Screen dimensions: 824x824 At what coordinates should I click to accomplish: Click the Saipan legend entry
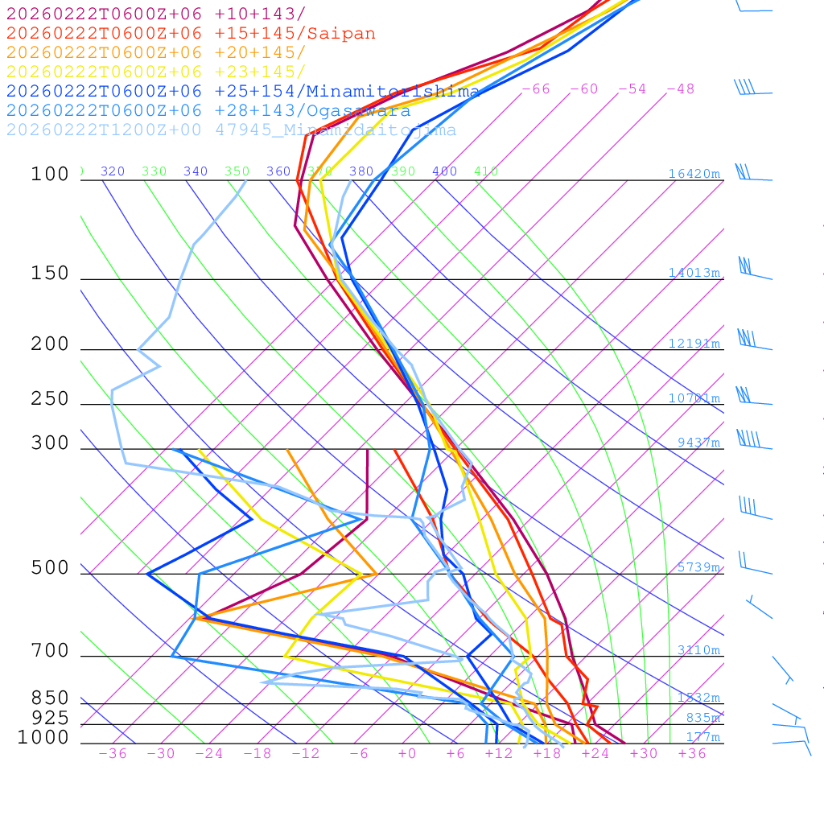tap(191, 34)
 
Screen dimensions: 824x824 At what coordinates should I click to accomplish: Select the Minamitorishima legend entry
tap(243, 91)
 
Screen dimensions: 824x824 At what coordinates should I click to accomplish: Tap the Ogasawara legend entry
tap(208, 110)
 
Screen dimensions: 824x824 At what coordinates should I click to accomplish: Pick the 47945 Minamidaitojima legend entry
tap(231, 130)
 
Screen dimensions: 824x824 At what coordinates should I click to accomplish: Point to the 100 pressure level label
tap(51, 174)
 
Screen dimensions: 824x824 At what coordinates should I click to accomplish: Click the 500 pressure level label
tap(51, 568)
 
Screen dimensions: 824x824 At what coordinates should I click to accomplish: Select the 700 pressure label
tap(51, 651)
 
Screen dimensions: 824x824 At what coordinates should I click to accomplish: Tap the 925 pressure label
tap(51, 718)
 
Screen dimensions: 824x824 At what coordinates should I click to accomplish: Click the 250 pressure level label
tap(51, 399)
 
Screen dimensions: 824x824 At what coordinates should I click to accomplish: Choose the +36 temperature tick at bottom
tap(692, 754)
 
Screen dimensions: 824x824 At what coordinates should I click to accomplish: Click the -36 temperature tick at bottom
tap(112, 754)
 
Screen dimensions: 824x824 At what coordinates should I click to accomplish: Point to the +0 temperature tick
tap(407, 754)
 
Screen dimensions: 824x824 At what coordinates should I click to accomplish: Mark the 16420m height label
tap(694, 174)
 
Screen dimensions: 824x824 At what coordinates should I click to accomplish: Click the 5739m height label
tap(698, 567)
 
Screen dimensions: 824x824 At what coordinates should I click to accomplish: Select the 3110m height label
tap(698, 650)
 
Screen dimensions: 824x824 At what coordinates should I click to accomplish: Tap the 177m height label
tap(702, 737)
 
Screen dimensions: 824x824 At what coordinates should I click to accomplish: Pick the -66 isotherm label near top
tap(536, 89)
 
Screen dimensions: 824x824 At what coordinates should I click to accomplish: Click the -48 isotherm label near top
tap(680, 89)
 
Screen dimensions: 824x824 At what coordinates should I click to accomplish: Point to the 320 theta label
tap(113, 171)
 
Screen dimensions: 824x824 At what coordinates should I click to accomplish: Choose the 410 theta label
tap(486, 171)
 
